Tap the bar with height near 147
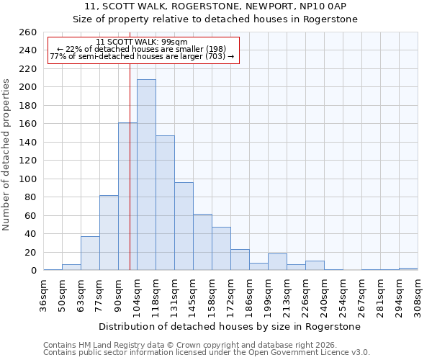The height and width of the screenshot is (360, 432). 165,203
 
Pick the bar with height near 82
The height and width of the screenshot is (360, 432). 109,233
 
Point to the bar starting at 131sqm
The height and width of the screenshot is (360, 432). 184,226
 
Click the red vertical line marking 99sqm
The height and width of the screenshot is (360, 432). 130,166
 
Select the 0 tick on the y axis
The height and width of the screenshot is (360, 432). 33,271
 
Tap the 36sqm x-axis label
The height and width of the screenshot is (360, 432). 44,294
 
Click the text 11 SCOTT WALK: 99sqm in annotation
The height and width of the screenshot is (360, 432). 142,42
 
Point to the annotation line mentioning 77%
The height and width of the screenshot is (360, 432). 142,56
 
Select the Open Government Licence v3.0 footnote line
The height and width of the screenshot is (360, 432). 207,352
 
